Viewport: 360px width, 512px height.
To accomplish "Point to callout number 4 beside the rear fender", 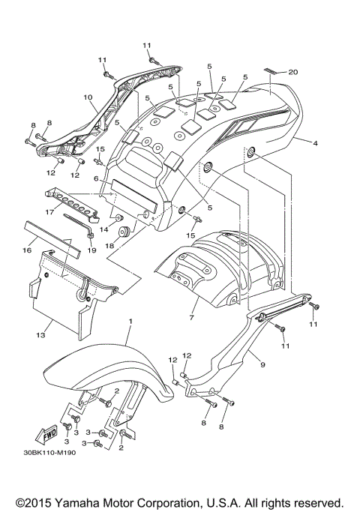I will (316, 142).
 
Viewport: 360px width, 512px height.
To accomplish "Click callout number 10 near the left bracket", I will (88, 97).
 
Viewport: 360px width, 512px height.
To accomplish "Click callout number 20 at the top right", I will (293, 72).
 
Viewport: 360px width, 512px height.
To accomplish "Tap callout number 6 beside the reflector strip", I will (96, 179).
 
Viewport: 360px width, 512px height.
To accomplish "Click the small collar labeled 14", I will (118, 218).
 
